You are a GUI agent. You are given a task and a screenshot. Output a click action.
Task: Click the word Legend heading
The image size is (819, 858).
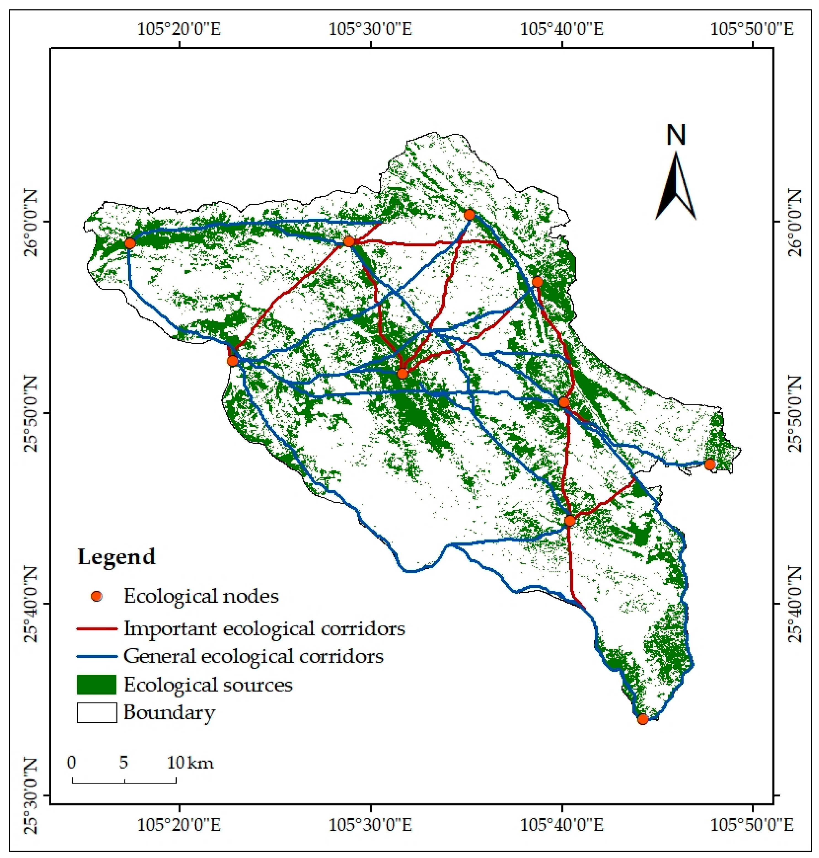coord(116,557)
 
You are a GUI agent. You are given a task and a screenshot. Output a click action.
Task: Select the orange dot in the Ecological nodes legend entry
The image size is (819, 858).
coord(97,596)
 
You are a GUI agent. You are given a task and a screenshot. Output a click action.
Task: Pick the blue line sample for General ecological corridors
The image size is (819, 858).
coord(97,656)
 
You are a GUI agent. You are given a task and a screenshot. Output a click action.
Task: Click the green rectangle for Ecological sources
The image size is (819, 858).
coord(97,684)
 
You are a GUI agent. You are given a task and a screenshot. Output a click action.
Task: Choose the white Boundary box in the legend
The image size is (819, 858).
coord(97,713)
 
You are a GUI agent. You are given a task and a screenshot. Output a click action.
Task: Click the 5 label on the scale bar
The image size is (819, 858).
coord(124,762)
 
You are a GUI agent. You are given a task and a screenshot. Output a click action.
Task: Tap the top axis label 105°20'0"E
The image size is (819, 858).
coord(179,30)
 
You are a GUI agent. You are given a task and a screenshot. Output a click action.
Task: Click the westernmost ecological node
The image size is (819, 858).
coord(130,243)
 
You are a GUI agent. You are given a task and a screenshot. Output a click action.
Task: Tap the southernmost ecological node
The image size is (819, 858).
coord(642,719)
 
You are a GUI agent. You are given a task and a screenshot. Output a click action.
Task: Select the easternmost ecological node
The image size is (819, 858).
coord(710,464)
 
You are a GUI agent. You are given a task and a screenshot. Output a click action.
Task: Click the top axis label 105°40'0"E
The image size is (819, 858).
coord(562,30)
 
